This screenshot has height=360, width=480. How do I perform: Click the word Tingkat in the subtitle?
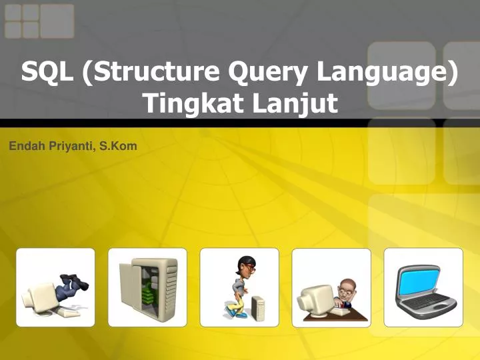(191, 103)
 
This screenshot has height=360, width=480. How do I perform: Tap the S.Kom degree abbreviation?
(118, 146)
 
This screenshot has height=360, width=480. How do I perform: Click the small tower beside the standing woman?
(257, 309)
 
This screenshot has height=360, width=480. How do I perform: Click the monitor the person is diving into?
(41, 297)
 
